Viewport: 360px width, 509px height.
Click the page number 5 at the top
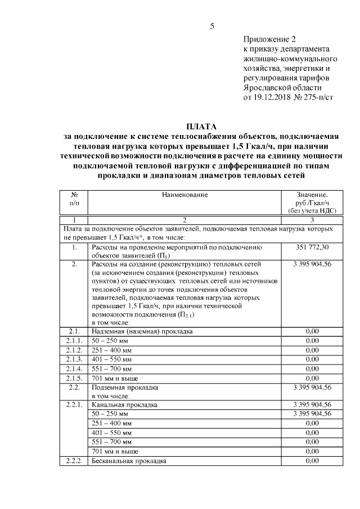[213, 25]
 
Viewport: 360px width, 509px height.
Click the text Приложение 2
[269, 39]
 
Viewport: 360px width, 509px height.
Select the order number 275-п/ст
[317, 97]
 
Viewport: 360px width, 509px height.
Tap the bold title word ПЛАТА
[201, 126]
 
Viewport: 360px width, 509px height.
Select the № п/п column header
[74, 199]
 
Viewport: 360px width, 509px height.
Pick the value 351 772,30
[312, 247]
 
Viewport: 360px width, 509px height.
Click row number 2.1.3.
[74, 359]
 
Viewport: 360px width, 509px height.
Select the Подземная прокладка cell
[125, 387]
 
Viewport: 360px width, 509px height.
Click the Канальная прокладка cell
[124, 404]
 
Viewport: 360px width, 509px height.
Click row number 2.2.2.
[74, 461]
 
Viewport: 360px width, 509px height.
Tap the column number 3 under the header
[312, 220]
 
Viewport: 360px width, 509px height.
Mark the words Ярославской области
[282, 87]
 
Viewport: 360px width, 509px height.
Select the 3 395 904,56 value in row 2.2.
[312, 387]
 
